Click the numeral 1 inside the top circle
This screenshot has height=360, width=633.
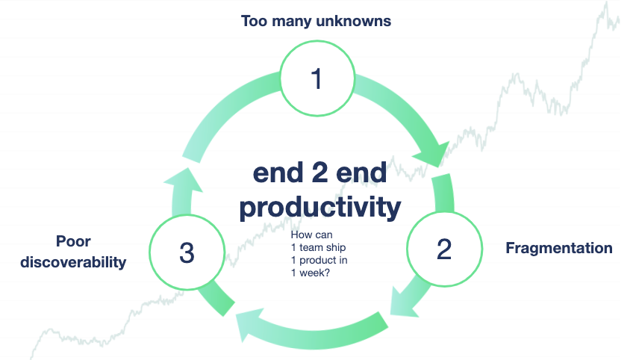(316, 78)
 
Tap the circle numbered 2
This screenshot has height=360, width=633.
(444, 249)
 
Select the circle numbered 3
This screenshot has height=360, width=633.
(187, 252)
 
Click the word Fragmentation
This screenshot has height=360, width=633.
(558, 248)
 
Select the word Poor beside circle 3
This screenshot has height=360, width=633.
(73, 241)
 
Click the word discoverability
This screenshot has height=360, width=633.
(73, 262)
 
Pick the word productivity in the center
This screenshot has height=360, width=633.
(319, 208)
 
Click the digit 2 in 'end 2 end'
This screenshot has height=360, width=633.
(319, 173)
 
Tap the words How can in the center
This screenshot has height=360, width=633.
(311, 235)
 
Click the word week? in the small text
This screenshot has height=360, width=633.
(314, 273)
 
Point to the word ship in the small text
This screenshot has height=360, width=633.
(335, 248)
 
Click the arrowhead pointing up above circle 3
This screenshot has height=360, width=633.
(184, 179)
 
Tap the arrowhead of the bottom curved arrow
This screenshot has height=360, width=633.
(249, 324)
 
